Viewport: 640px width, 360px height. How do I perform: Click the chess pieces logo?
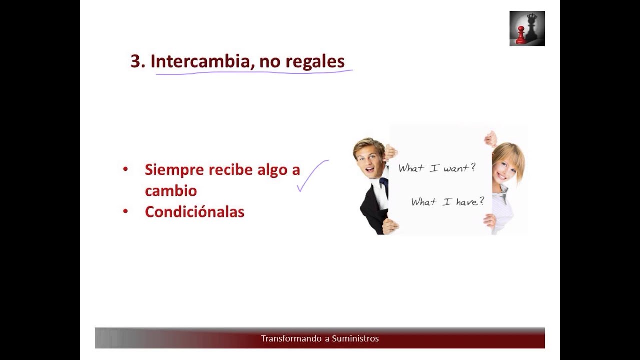point(527,29)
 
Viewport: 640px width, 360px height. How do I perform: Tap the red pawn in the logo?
point(521,35)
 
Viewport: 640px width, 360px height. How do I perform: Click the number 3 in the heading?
point(135,61)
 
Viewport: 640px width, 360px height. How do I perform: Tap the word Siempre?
point(174,170)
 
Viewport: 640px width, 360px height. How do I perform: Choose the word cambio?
point(171,191)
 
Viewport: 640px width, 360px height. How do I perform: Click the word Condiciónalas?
point(194,212)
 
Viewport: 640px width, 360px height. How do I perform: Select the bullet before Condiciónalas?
point(125,211)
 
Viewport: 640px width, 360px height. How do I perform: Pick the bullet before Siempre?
point(125,169)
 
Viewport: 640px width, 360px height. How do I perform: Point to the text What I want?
point(437,168)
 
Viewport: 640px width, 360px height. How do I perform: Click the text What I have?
point(447,202)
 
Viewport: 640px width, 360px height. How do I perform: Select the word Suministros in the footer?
point(355,339)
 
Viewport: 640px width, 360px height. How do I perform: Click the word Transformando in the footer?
point(291,339)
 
